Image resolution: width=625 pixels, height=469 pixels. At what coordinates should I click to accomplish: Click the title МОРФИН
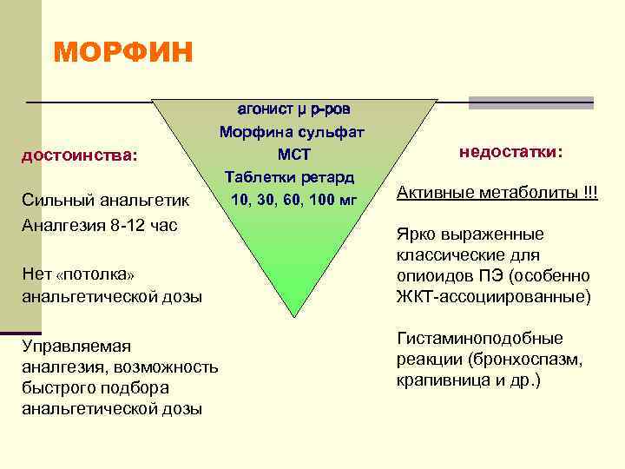(122, 52)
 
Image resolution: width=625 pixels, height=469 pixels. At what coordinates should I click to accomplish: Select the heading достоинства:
(79, 156)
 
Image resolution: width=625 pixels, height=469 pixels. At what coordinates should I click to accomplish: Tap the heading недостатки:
(511, 151)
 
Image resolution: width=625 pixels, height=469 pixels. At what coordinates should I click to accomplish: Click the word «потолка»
(95, 274)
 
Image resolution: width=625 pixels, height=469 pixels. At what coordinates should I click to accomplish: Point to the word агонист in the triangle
(266, 109)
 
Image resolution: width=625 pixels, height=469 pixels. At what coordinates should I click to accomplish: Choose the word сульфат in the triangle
(333, 132)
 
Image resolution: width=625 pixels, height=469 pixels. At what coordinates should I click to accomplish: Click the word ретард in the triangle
(326, 177)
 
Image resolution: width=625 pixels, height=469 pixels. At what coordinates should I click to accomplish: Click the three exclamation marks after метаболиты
(590, 191)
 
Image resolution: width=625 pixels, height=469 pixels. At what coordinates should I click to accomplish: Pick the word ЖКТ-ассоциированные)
(493, 296)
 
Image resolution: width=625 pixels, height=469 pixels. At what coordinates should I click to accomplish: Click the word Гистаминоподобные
(479, 339)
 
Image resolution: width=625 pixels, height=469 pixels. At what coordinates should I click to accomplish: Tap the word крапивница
(437, 380)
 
